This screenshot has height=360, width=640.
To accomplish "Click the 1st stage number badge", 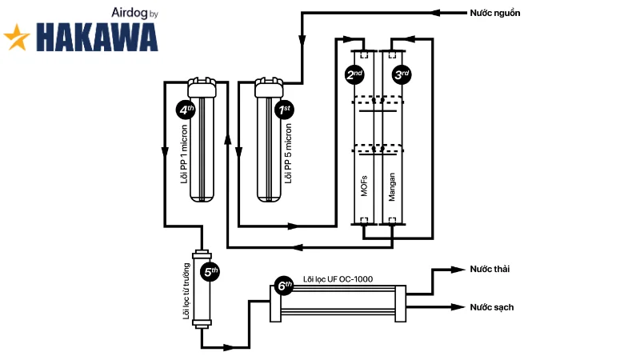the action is coord(284,110).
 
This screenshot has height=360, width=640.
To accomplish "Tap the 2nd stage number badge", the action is coord(354,74).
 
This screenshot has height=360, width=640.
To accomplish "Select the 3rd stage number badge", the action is coord(402,74).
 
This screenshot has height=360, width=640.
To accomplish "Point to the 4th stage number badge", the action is coord(186,110).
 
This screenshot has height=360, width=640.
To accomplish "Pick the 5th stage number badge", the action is coord(210,272).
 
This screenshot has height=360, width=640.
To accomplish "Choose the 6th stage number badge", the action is coord(284,286).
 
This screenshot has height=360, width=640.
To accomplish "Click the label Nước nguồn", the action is coord(494,13).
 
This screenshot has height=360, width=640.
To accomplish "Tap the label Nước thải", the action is coord(490,269).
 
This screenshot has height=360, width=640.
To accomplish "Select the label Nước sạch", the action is coord(491,307).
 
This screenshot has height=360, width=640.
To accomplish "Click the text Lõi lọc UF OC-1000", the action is coord(338,279).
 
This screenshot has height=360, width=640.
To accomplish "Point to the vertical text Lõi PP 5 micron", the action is coord(288,154).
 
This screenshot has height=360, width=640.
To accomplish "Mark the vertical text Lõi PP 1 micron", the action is coord(184,154).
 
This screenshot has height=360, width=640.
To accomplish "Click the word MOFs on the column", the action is coord(364,186).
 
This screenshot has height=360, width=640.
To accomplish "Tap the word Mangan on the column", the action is coord(391,187).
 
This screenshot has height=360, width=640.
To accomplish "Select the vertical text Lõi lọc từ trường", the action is coord(186,291).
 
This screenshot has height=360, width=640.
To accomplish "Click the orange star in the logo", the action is coord(17,37).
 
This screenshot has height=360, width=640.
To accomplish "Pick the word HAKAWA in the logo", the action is coord(97,37).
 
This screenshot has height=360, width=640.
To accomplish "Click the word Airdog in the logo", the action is coord(129,13).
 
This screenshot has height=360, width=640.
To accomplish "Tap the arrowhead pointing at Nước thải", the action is coord(458,270).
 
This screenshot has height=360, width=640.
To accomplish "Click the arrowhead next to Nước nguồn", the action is coord(435,13).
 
